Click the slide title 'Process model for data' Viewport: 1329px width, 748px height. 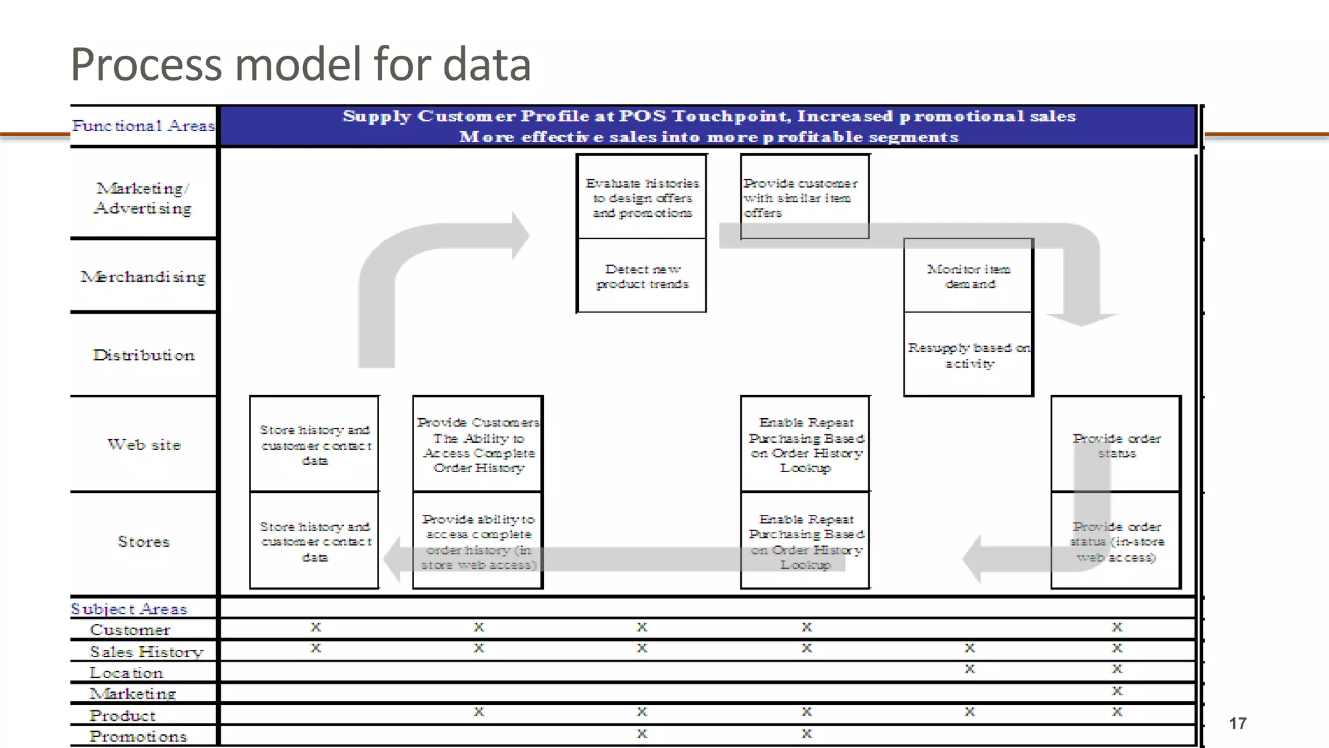tap(300, 64)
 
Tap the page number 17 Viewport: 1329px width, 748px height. tap(1237, 723)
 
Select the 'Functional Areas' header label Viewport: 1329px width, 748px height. tap(143, 125)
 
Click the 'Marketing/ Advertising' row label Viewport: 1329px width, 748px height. tap(143, 198)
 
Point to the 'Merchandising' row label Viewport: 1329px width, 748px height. tap(143, 277)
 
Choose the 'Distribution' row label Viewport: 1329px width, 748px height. tap(143, 355)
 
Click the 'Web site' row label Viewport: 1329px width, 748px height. tap(144, 445)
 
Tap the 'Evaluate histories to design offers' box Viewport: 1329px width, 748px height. tap(642, 197)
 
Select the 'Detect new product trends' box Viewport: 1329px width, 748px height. tap(642, 277)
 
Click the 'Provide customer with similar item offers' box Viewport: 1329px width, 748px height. tap(803, 197)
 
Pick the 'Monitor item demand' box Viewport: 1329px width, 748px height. tap(968, 277)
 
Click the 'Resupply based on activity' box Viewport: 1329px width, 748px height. tap(968, 355)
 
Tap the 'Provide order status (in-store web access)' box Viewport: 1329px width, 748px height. tap(1116, 542)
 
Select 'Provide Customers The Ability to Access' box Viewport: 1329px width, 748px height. tap(478, 445)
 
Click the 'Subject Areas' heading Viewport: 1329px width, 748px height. tap(128, 609)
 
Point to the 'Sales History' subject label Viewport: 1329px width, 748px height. tap(146, 651)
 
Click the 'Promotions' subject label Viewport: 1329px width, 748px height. tap(138, 736)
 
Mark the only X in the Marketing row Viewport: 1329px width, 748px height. tap(1117, 690)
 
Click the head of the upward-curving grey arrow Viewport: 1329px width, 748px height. tap(520, 236)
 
